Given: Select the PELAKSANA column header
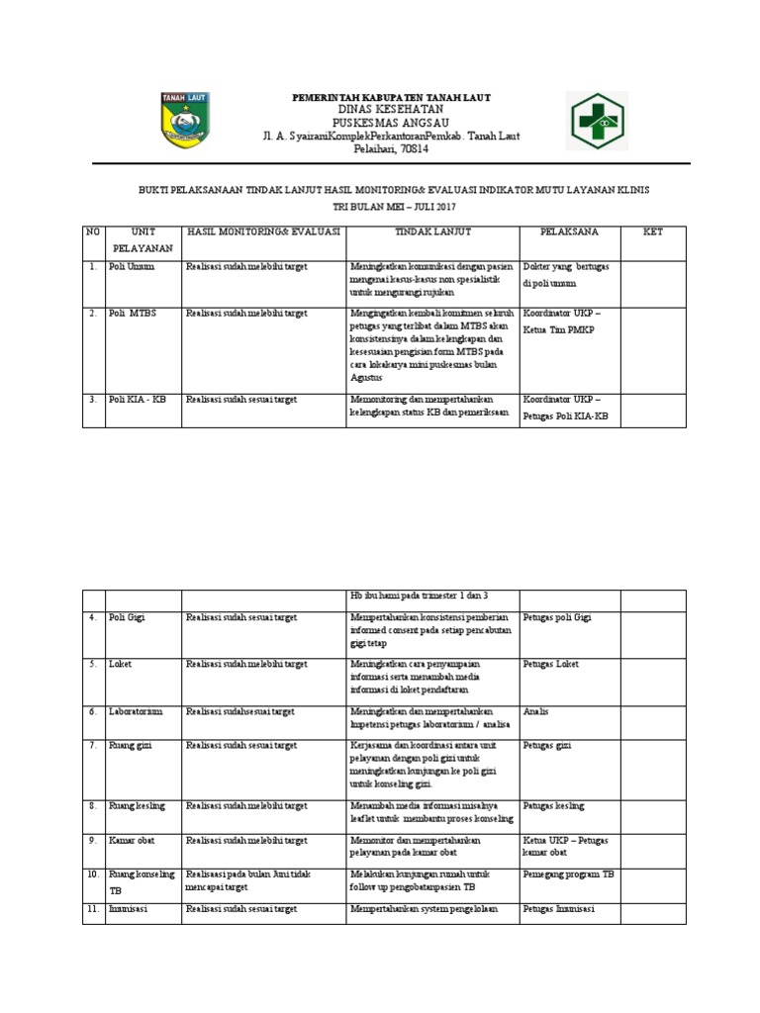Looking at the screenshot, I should click(x=568, y=231).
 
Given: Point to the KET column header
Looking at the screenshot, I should click(x=652, y=231).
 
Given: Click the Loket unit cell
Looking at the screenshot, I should click(x=121, y=664).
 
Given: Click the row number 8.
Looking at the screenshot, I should click(x=91, y=806).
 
